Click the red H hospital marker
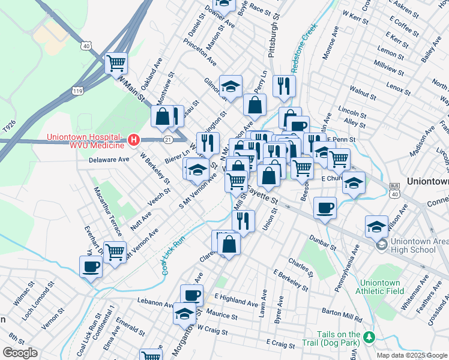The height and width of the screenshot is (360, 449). click(x=134, y=140)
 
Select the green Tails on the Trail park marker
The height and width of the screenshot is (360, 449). click(x=371, y=335)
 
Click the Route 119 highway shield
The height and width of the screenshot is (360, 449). click(x=77, y=91)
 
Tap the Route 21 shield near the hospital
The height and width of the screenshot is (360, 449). click(x=167, y=140)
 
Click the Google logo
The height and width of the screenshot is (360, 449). click(x=20, y=353)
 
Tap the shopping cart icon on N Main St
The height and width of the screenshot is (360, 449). click(x=116, y=63)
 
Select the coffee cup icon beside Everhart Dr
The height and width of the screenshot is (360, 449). click(x=91, y=266)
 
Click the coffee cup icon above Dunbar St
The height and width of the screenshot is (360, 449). click(x=325, y=208)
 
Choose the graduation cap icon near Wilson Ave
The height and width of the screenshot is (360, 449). click(x=376, y=227)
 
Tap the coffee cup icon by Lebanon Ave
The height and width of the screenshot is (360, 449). click(x=192, y=295)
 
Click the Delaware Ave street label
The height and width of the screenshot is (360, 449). click(x=109, y=160)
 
